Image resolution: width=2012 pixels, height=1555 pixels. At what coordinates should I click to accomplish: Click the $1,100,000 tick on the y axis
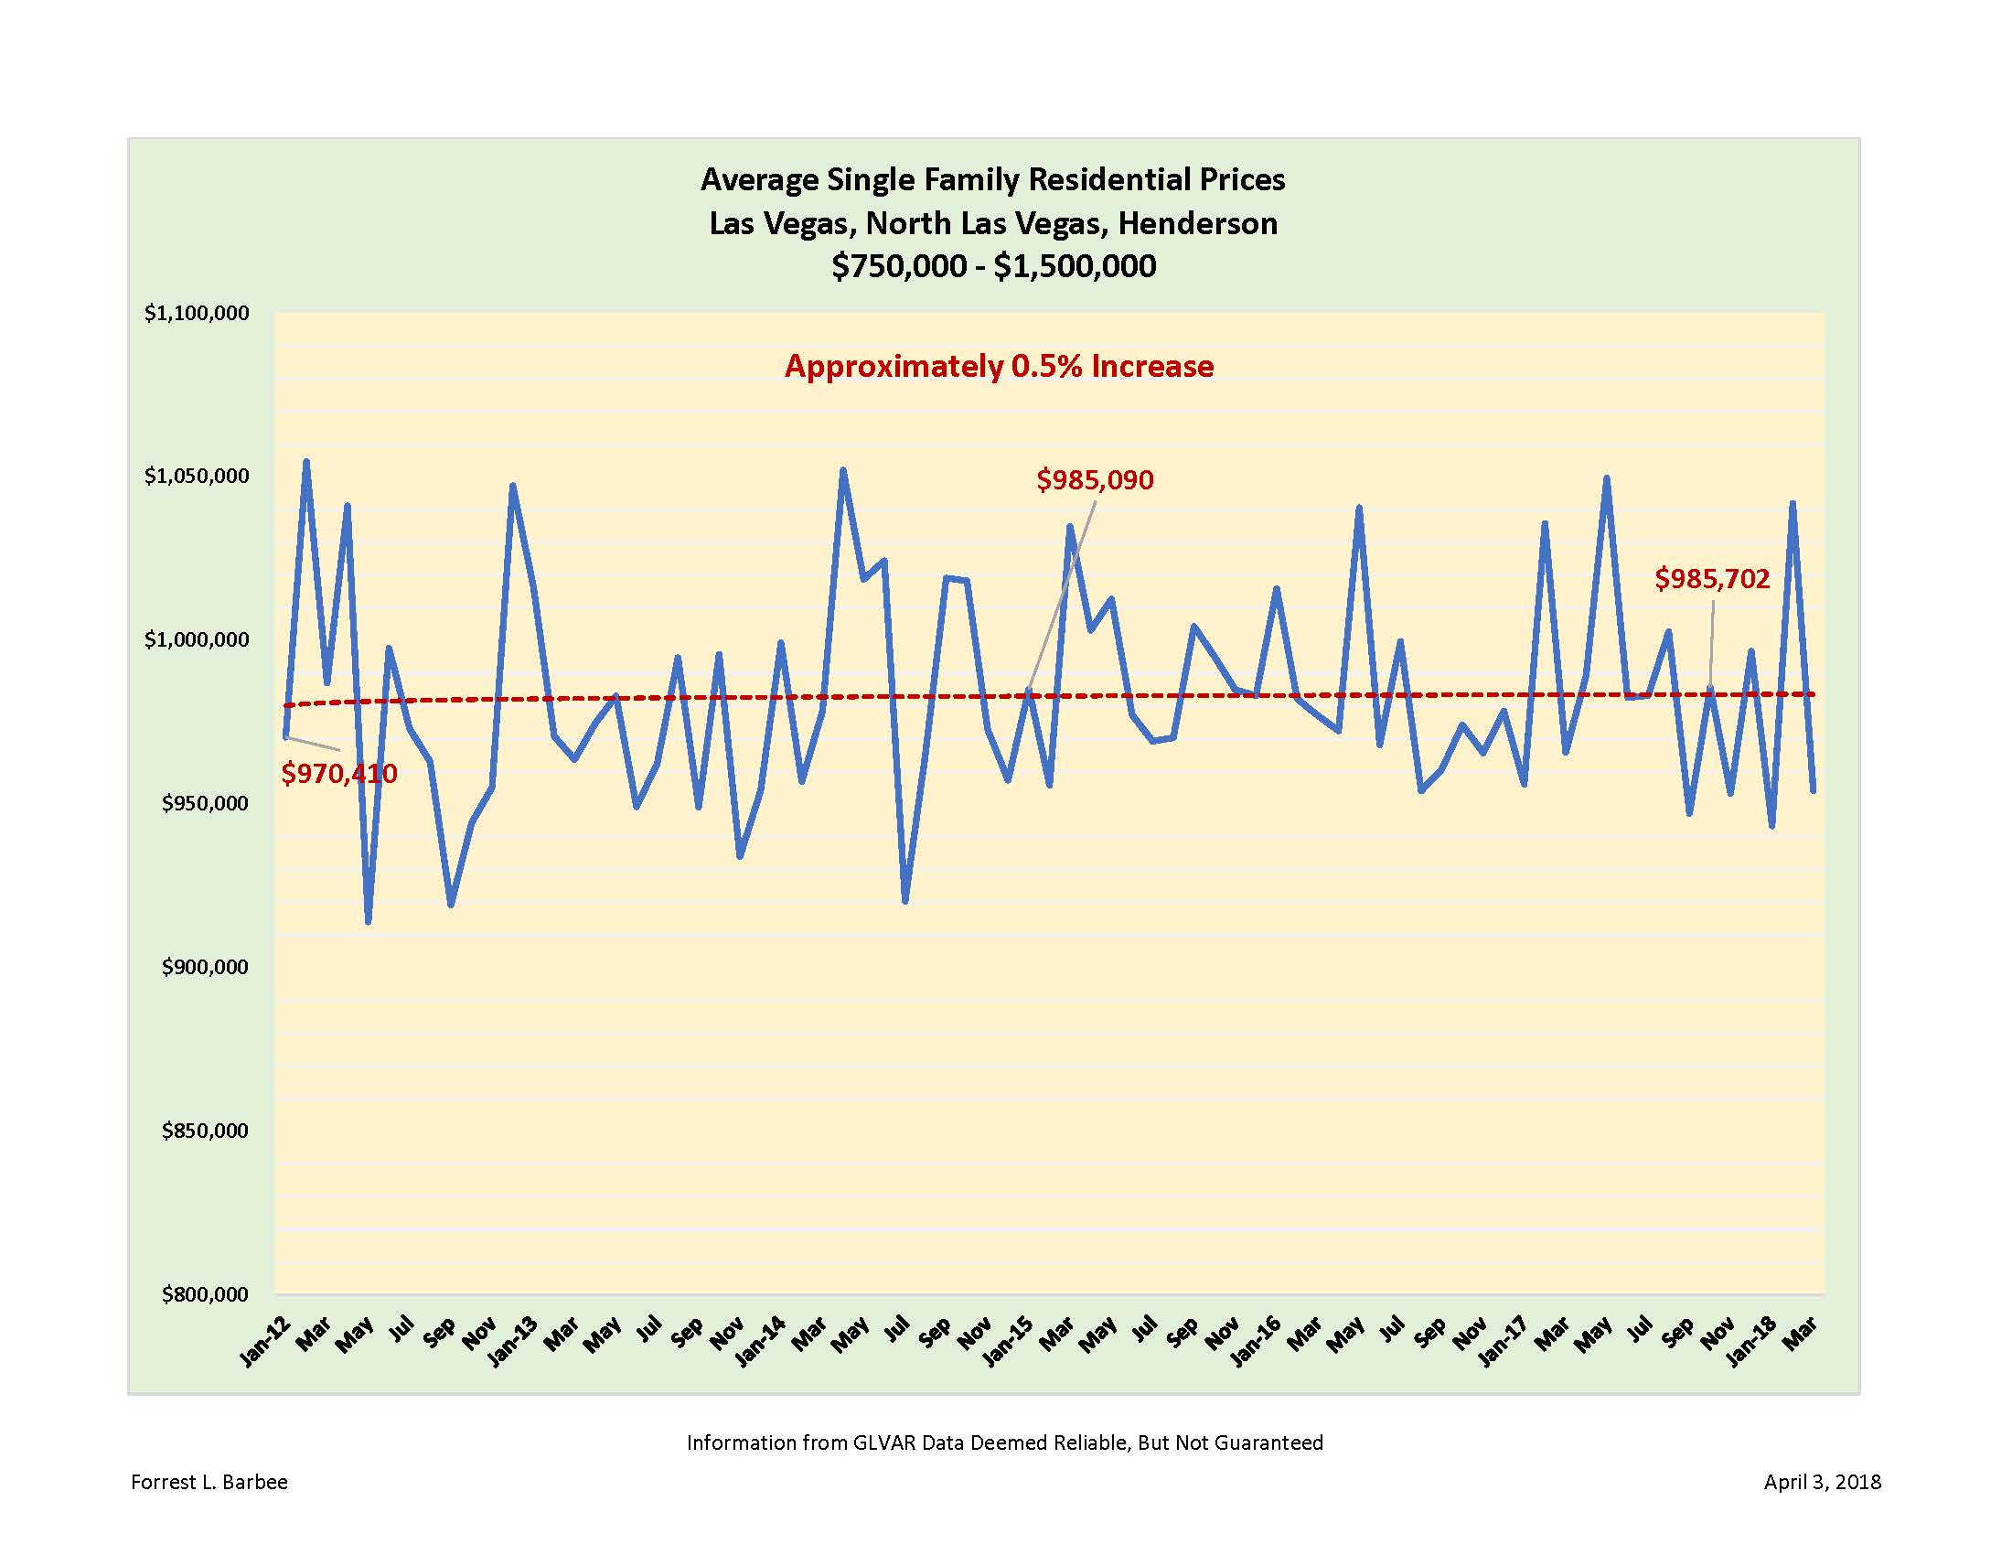[x=198, y=313]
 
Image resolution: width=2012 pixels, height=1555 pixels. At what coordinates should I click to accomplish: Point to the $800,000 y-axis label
[x=206, y=1294]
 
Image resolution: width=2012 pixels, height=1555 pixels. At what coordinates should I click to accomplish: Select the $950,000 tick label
[x=206, y=803]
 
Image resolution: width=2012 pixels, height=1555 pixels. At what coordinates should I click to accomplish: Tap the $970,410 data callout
[x=339, y=773]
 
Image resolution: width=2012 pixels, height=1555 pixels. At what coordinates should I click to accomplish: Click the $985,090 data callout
[x=1095, y=480]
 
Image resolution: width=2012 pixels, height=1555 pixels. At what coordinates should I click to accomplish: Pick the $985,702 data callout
[x=1712, y=578]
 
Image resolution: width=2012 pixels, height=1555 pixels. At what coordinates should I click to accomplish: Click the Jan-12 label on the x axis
[x=265, y=1342]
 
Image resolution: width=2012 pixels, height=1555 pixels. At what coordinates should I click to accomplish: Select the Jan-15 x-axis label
[x=1008, y=1342]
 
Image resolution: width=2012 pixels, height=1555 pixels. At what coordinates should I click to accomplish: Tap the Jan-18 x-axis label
[x=1751, y=1342]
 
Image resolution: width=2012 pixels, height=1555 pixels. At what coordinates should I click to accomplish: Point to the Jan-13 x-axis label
[x=513, y=1342]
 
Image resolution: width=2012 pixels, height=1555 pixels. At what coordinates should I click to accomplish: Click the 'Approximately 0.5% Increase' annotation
[x=999, y=367]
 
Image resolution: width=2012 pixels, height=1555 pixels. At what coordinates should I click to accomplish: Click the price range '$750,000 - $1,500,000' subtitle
[x=993, y=266]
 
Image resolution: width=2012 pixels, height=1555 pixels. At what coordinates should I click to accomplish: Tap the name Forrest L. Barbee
[x=209, y=1482]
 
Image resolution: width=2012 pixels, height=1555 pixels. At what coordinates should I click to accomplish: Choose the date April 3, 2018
[x=1822, y=1482]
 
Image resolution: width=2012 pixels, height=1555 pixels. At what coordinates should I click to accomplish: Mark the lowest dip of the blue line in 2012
[x=369, y=921]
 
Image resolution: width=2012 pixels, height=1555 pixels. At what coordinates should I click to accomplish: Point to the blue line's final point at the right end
[x=1814, y=790]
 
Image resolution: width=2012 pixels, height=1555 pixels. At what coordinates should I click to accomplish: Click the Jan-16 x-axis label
[x=1256, y=1342]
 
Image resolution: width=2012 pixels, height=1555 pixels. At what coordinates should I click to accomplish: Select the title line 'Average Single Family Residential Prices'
[x=993, y=178]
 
